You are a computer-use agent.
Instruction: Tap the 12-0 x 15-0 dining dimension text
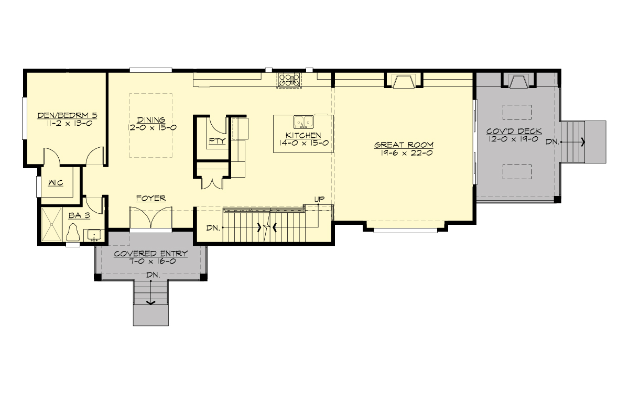click(x=151, y=127)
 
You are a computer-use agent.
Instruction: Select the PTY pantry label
click(x=216, y=140)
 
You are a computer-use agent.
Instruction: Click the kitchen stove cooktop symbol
click(x=289, y=80)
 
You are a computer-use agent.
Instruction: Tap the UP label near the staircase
click(x=319, y=200)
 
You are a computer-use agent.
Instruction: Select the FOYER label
click(x=151, y=198)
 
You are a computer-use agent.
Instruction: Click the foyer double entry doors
click(x=151, y=218)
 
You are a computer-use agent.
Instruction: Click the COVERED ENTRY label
click(x=151, y=254)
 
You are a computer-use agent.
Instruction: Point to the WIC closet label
click(x=56, y=183)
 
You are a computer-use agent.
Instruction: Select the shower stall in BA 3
click(x=52, y=225)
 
